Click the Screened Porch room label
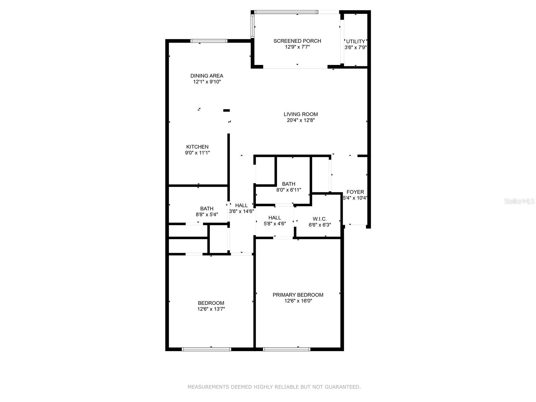[297, 41]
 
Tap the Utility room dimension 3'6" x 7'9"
[355, 48]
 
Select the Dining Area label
[207, 76]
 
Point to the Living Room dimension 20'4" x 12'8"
[300, 120]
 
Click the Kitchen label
[197, 147]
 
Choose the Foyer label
[355, 192]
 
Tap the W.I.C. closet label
[320, 219]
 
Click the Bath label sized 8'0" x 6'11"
[288, 184]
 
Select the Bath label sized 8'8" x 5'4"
[207, 209]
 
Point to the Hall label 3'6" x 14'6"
[241, 205]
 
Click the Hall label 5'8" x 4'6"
[274, 218]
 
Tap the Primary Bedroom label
[298, 295]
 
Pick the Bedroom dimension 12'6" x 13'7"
[211, 309]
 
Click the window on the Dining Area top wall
[209, 41]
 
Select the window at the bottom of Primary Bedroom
[287, 349]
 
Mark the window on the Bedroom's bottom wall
[206, 349]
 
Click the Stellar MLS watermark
[519, 201]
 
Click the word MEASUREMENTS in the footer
[208, 387]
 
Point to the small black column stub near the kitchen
[227, 110]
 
